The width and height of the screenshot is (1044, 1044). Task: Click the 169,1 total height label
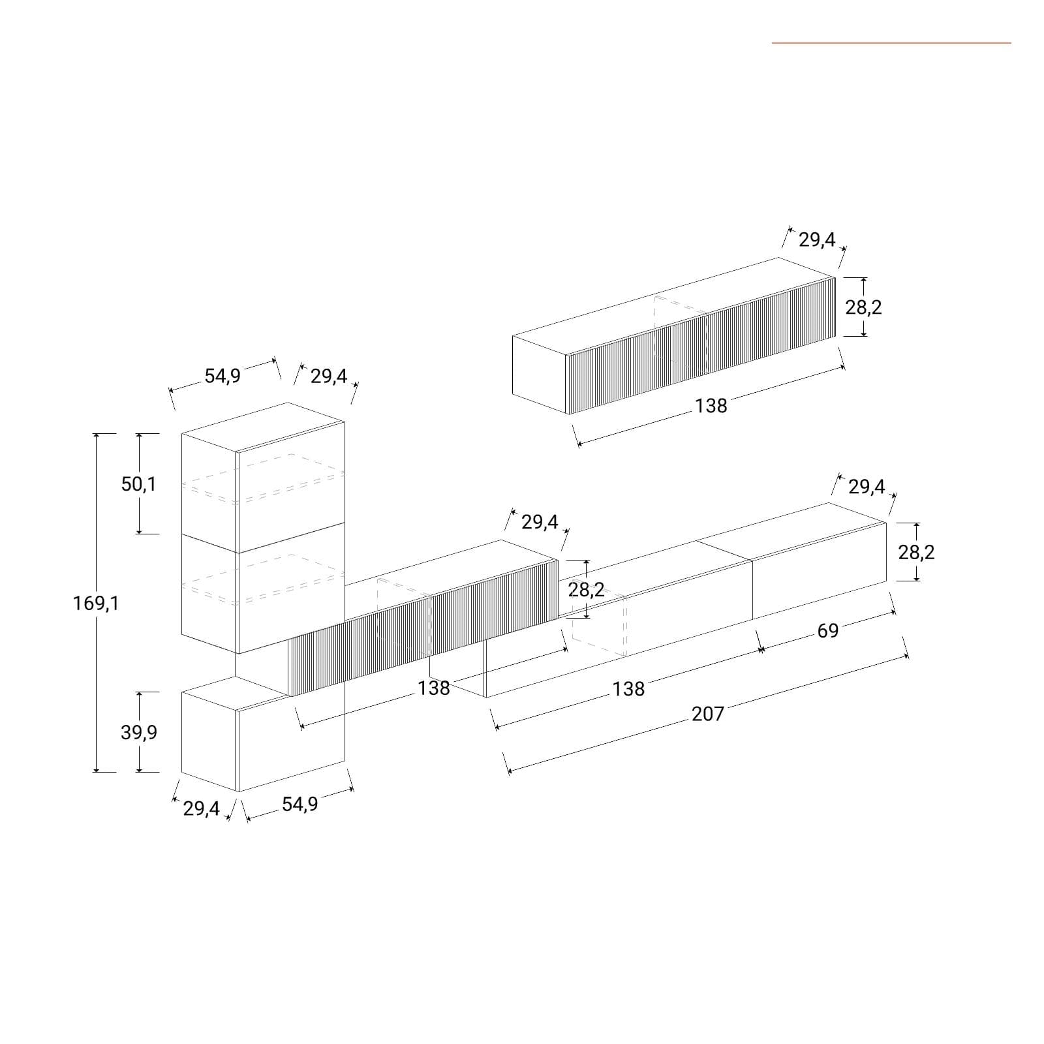coord(96,604)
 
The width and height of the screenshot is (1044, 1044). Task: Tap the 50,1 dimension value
coord(139,484)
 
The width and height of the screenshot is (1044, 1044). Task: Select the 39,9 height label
coord(139,732)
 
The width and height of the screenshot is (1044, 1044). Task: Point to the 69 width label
coord(827,631)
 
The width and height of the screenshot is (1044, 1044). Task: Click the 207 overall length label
coord(708,714)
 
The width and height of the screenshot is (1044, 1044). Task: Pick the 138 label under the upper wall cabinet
coord(711,406)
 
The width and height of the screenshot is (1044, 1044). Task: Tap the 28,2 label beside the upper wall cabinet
coord(863,307)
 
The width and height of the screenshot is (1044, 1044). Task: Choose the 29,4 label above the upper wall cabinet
coord(817,240)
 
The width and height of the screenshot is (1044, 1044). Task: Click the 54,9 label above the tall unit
coord(223,376)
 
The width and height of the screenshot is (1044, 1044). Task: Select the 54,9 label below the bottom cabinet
coord(300,804)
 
